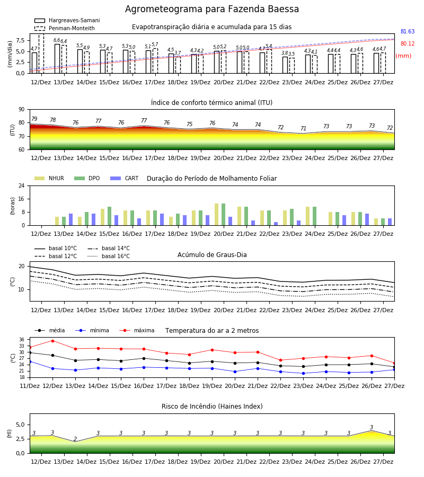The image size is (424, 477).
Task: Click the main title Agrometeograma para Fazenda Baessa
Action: coord(212,9)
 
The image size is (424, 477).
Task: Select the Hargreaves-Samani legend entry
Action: coord(67,20)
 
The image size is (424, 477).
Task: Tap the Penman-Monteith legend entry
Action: coord(65,28)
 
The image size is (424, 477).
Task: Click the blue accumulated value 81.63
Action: coord(408,31)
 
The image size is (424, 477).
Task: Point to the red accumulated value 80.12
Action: coord(408,43)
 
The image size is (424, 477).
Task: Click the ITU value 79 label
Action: coord(34,119)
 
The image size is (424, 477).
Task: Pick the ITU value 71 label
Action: coord(303,128)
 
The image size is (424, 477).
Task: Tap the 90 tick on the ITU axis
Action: coord(22,110)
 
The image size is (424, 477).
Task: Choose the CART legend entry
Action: coord(125,178)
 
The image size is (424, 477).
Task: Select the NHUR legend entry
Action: coord(49,178)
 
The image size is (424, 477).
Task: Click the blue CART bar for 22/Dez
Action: coord(276,224)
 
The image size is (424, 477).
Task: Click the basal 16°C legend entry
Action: coord(109,256)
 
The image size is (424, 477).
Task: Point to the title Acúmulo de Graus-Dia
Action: coord(212,255)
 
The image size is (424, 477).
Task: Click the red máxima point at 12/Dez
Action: coord(52,341)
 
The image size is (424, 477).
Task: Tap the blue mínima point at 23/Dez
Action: coord(303,373)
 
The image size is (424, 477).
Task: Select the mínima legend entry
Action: coord(92,330)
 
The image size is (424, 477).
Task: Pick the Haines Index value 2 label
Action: coord(75,439)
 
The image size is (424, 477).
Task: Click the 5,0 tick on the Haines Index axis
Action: coord(20,425)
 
